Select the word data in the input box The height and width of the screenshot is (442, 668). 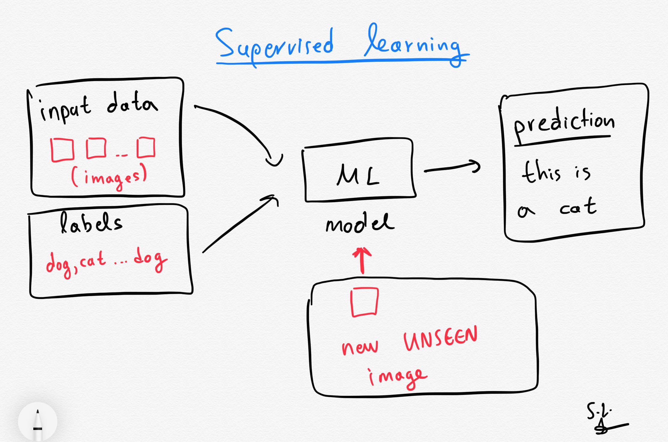[x=132, y=103]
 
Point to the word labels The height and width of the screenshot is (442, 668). [x=91, y=223]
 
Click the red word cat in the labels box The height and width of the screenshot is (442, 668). [x=93, y=260]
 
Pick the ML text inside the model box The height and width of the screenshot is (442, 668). [x=358, y=175]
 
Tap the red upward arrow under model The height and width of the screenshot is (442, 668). [x=362, y=260]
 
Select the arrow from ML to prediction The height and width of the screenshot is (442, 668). [x=452, y=167]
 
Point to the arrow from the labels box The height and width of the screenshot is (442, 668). [x=240, y=224]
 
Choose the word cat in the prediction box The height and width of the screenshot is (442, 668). [x=578, y=207]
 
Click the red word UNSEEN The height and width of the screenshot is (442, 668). [x=440, y=339]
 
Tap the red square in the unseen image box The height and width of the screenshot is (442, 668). [x=364, y=302]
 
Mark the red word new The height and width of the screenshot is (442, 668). [x=360, y=348]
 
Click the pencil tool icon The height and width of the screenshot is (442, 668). [x=38, y=422]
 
